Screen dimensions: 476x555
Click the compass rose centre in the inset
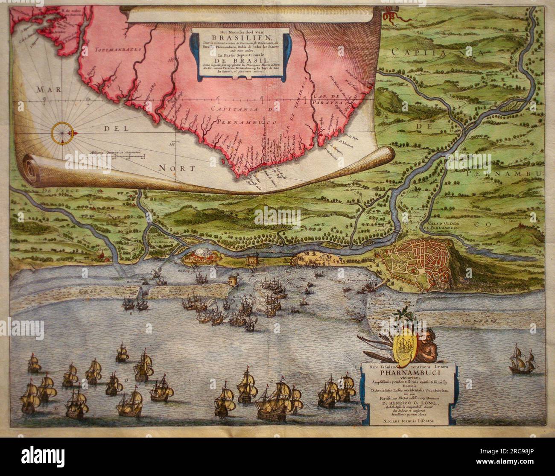pos(63,132)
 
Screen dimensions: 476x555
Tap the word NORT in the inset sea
pos(177,168)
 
